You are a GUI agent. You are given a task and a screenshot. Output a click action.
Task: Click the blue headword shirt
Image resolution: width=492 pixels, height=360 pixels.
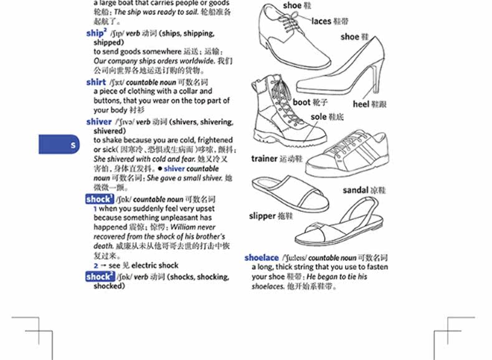[96, 82]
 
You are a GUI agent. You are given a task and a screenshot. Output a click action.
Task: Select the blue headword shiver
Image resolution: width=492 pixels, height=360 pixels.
[99, 121]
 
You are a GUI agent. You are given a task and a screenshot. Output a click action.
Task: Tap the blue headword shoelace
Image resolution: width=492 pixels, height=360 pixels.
[261, 257]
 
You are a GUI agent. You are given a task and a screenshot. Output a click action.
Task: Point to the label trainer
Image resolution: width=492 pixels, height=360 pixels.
[264, 159]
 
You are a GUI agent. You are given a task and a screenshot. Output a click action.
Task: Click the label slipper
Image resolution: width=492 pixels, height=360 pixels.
[262, 216]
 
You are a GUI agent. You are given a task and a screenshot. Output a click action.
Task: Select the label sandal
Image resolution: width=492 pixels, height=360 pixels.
[355, 190]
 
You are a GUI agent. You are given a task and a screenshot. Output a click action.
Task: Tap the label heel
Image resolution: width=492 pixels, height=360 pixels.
[361, 104]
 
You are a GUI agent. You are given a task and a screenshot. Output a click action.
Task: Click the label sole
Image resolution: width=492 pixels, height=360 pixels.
[318, 116]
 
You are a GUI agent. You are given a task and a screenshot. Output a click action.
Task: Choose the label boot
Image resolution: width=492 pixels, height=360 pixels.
[301, 102]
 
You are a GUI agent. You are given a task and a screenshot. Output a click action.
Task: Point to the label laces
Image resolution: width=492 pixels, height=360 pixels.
[321, 21]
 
